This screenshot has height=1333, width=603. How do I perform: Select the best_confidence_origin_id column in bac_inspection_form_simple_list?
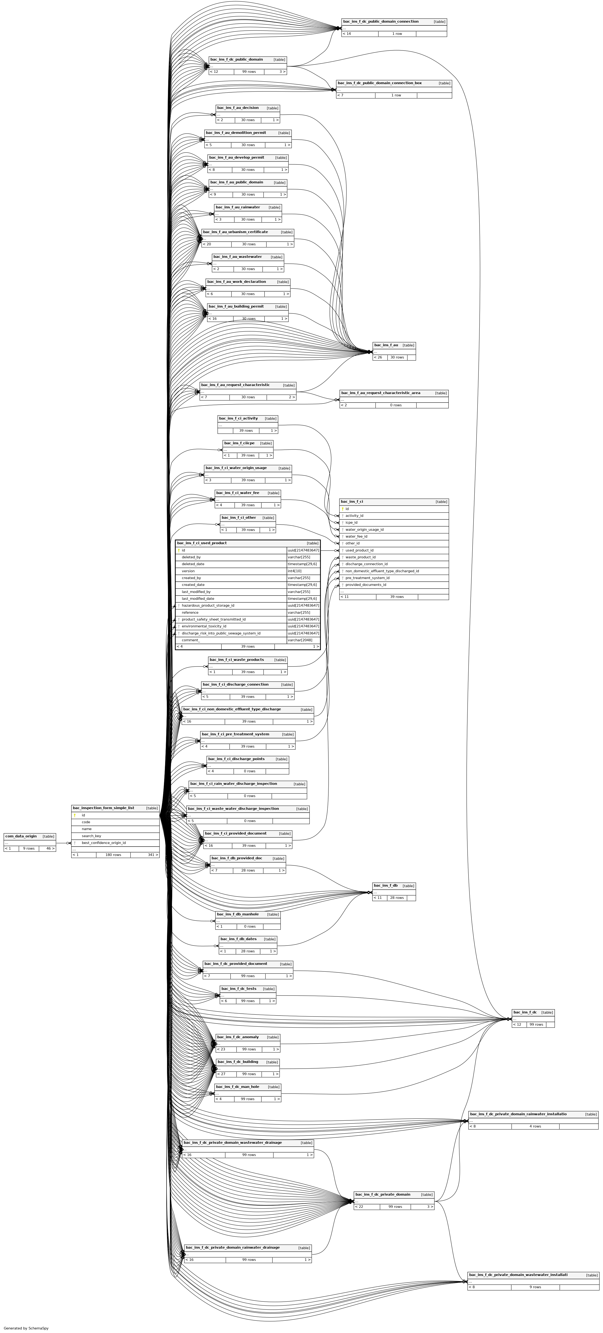104,843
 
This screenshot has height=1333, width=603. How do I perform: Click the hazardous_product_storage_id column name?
208,605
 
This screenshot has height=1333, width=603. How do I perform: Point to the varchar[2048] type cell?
300,640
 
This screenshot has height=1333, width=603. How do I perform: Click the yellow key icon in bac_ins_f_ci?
342,509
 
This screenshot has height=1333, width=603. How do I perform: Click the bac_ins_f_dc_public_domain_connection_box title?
379,83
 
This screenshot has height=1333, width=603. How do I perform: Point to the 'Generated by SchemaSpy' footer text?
26,1328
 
